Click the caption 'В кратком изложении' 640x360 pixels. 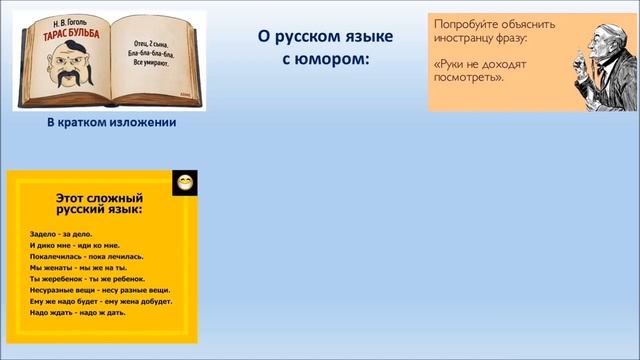[x=111, y=122]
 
